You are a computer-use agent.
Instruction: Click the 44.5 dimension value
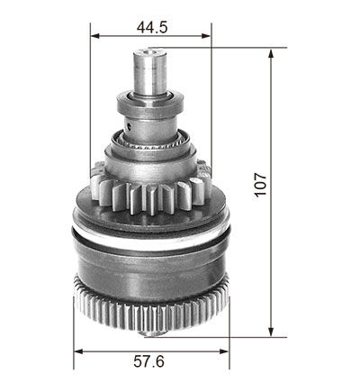pyautogui.click(x=152, y=28)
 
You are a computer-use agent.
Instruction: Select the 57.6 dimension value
pyautogui.click(x=149, y=361)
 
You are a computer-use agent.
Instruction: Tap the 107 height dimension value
pyautogui.click(x=261, y=185)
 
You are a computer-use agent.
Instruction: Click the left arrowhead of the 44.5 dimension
pyautogui.click(x=95, y=36)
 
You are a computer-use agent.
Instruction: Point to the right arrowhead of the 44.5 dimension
pyautogui.click(x=206, y=36)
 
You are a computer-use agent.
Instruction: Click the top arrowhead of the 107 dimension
pyautogui.click(x=271, y=53)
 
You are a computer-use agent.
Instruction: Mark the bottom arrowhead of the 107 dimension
pyautogui.click(x=271, y=332)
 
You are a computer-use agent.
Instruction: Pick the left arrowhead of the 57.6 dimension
pyautogui.click(x=78, y=351)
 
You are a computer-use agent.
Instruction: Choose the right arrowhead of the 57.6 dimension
pyautogui.click(x=224, y=351)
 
